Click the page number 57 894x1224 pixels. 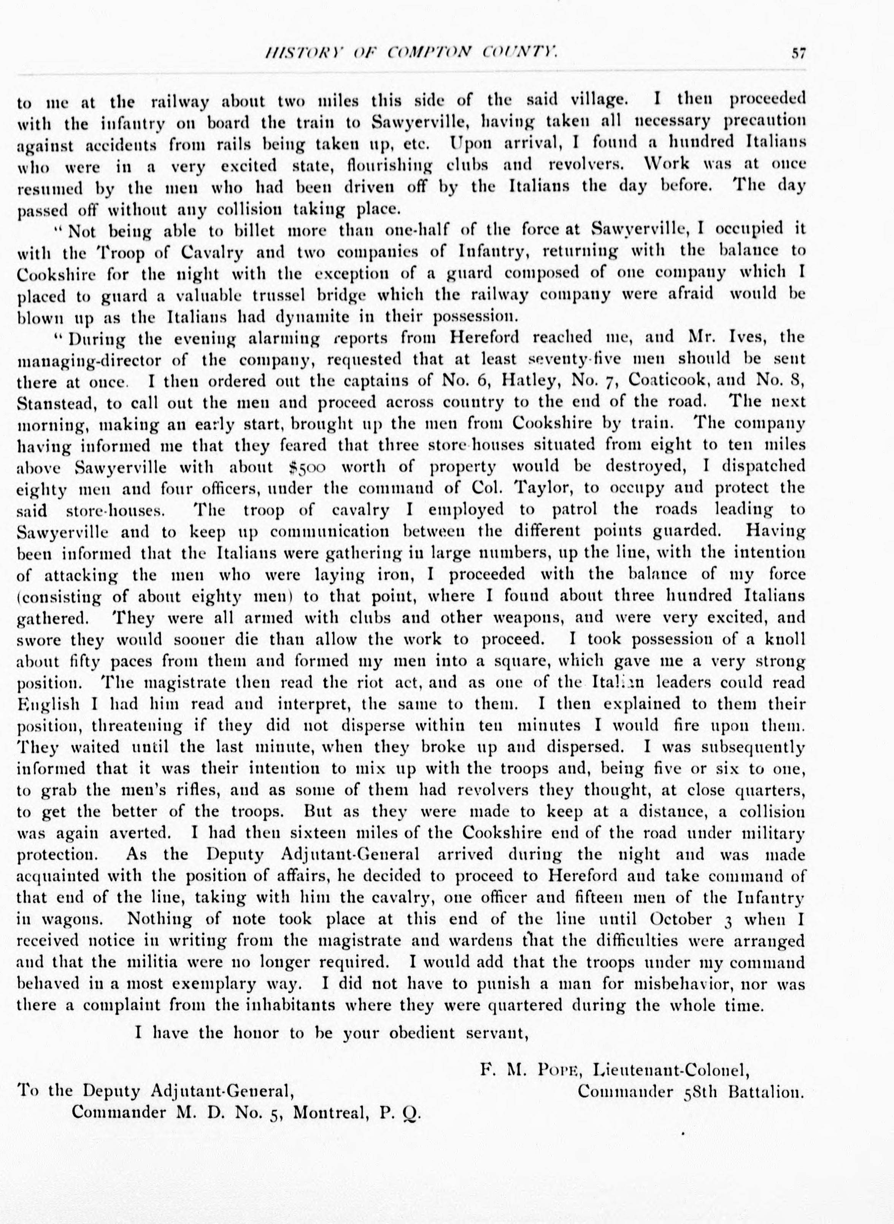tap(798, 53)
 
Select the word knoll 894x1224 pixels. tap(785, 639)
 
